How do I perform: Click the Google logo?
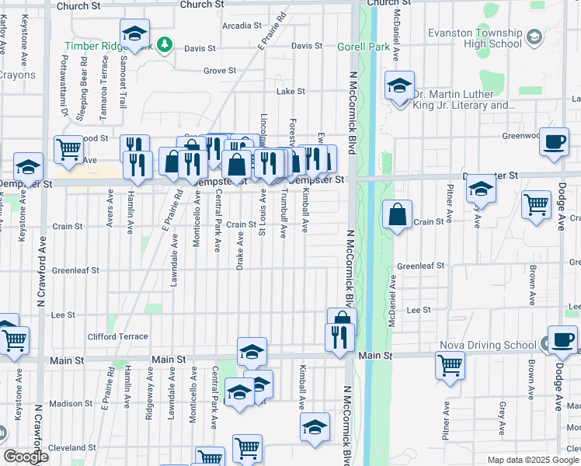(26, 457)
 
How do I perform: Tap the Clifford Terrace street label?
(117, 336)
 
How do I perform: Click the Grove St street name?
(220, 71)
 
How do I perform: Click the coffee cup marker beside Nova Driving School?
(562, 340)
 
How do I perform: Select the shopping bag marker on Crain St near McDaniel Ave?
(397, 217)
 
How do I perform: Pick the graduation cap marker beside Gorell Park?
(399, 85)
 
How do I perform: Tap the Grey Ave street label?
(503, 419)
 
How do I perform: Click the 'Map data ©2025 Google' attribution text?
(533, 460)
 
